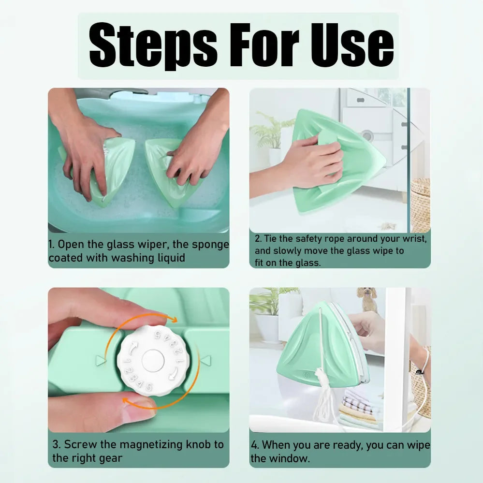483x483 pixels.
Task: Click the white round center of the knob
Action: point(153,360)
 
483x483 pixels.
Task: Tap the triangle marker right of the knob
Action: point(205,360)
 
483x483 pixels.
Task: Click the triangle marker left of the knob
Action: point(101,360)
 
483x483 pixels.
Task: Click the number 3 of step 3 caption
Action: point(56,444)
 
